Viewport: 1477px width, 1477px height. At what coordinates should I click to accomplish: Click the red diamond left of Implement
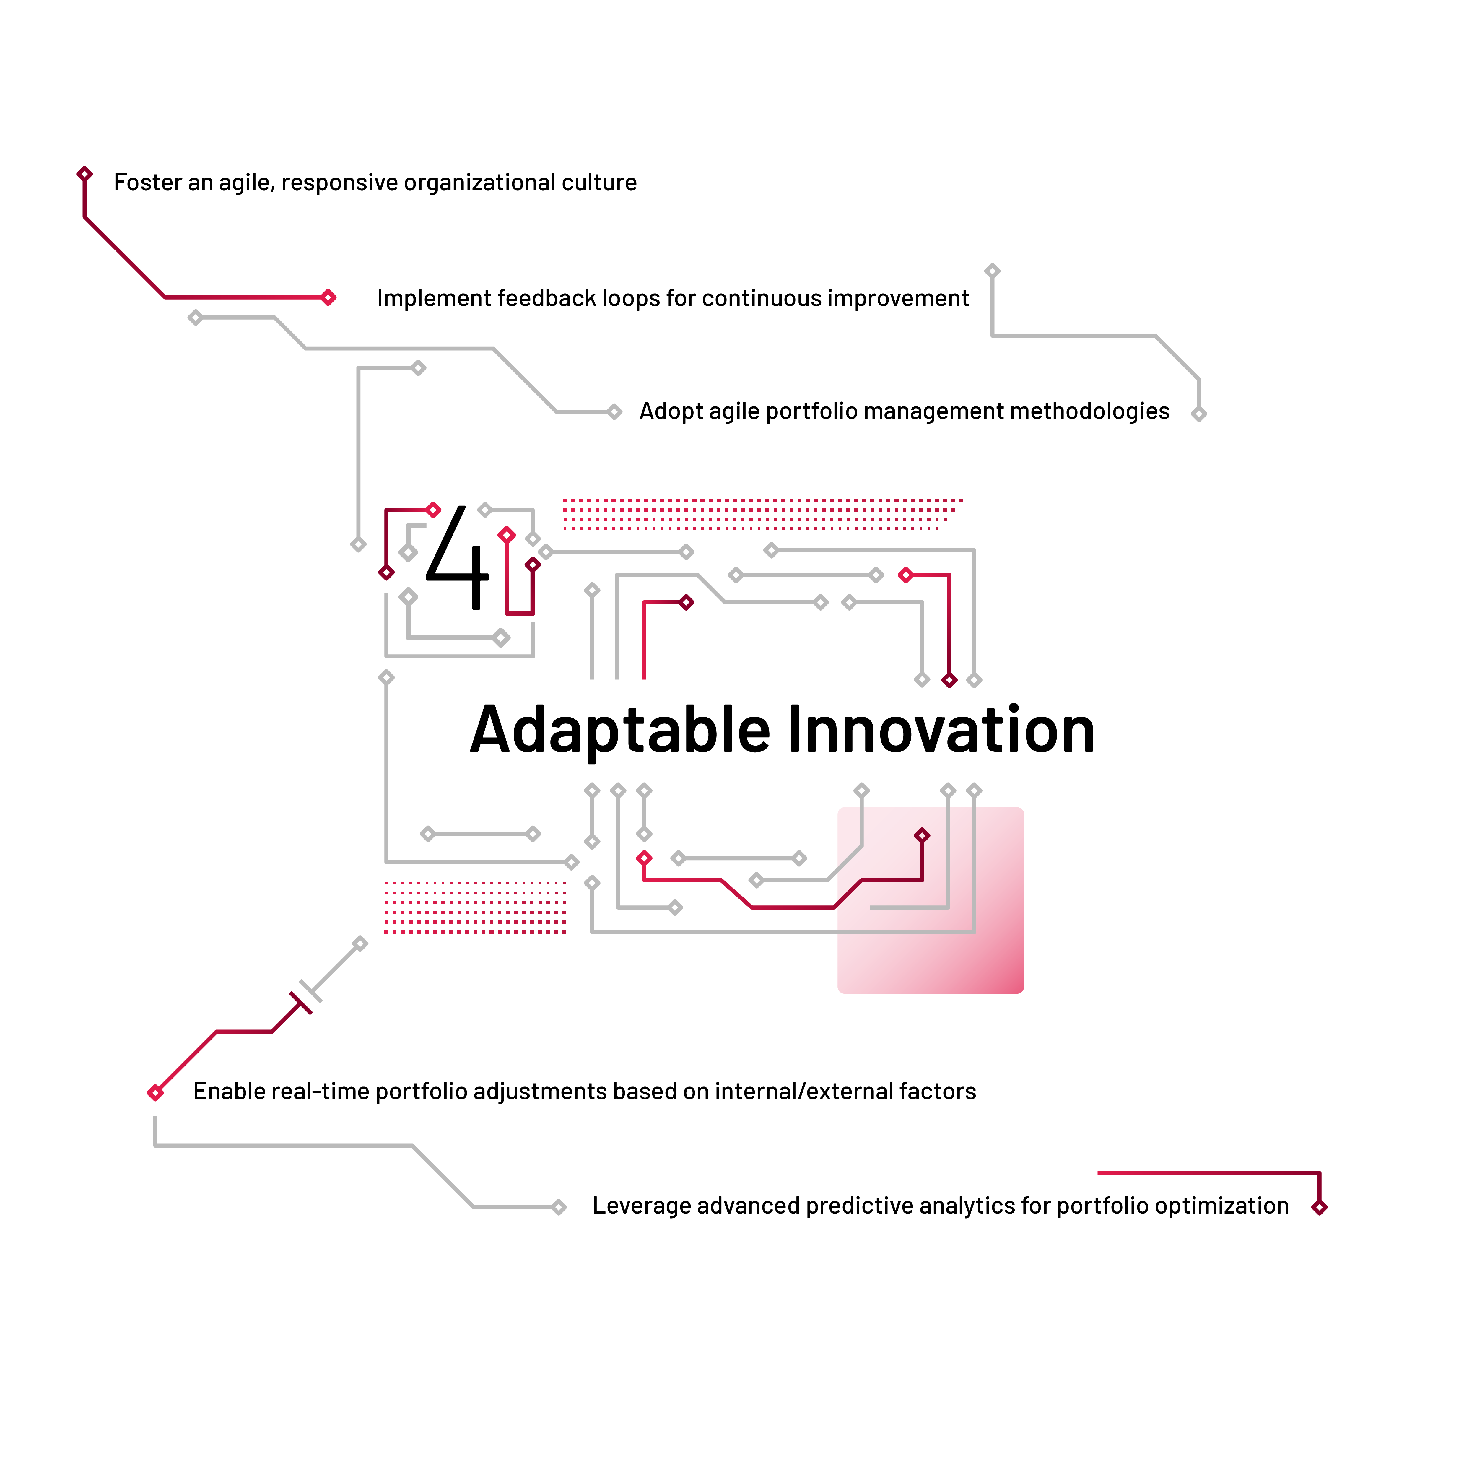[329, 297]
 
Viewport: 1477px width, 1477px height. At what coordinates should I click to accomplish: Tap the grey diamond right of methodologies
[1199, 414]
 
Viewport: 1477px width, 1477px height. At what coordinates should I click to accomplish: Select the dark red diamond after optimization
[1319, 1207]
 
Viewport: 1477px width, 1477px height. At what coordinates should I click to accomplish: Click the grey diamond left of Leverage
[559, 1207]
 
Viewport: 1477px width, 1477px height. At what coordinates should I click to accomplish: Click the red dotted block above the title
[761, 514]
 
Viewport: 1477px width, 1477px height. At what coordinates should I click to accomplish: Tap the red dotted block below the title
[475, 907]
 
